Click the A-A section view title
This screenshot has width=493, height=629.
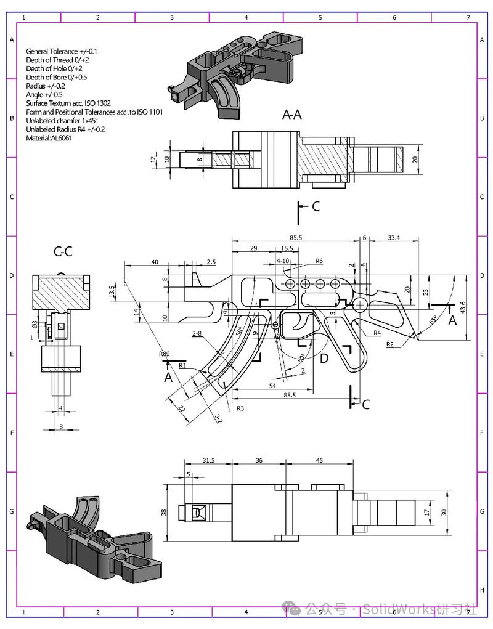[291, 114]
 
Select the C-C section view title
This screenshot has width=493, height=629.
[63, 251]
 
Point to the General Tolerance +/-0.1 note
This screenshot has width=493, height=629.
[62, 51]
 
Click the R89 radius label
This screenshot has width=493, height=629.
[164, 354]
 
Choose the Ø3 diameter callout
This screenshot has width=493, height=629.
[35, 324]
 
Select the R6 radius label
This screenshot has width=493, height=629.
[319, 261]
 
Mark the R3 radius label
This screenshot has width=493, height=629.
[240, 408]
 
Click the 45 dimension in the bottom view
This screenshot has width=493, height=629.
[319, 460]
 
